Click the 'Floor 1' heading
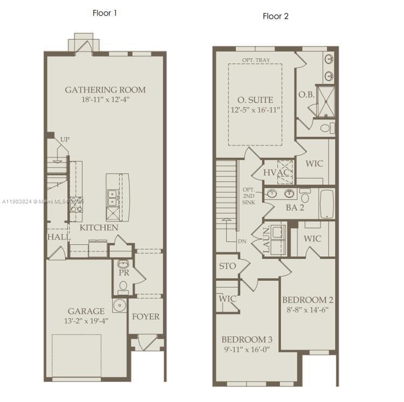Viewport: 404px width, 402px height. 105,13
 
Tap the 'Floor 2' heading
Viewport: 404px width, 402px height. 275,16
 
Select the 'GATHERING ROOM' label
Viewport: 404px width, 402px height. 105,89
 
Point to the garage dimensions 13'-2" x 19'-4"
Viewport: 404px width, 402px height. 86,321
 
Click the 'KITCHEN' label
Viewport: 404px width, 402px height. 99,228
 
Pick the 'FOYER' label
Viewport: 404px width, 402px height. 146,316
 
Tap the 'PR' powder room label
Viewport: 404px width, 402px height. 123,272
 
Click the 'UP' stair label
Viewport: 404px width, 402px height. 65,139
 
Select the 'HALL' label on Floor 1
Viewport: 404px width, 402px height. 58,237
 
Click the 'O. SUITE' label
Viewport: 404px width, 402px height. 255,100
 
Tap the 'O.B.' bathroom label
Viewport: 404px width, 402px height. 307,95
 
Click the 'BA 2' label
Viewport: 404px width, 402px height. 295,207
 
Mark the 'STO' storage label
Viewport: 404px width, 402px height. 227,266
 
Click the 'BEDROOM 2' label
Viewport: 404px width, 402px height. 308,300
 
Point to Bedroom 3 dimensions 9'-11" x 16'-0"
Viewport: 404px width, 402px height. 247,349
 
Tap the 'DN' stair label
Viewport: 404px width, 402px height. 242,242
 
